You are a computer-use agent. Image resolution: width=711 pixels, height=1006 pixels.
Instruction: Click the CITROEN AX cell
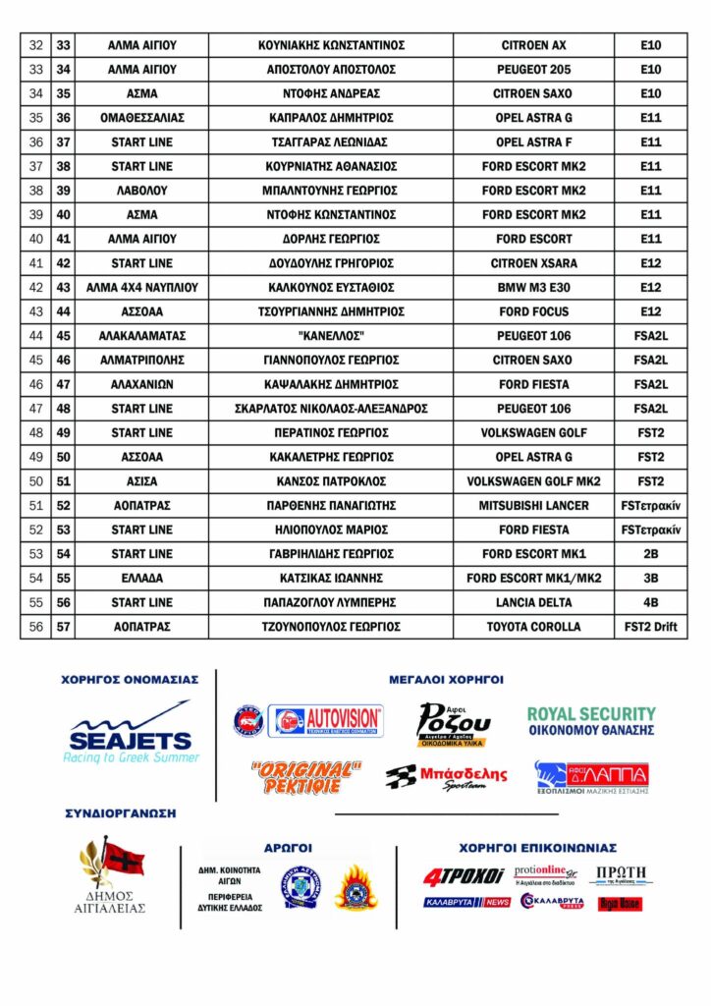(x=533, y=45)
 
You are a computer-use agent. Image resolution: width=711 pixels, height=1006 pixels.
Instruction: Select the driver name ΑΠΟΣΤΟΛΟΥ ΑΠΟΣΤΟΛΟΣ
(x=331, y=70)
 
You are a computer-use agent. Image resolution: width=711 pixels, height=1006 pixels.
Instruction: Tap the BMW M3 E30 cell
(x=533, y=288)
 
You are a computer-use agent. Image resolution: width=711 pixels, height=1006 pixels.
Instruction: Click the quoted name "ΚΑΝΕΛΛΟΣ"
(x=331, y=336)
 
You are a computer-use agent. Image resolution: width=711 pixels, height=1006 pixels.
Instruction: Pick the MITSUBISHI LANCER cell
(x=533, y=505)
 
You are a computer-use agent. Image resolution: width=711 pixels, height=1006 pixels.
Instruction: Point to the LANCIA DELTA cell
(x=533, y=602)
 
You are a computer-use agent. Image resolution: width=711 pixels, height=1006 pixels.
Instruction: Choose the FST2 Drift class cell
(x=650, y=627)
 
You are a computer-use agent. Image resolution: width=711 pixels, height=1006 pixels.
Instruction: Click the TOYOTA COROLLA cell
(x=533, y=627)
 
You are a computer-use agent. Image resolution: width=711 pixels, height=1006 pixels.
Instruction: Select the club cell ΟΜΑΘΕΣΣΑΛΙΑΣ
(x=141, y=118)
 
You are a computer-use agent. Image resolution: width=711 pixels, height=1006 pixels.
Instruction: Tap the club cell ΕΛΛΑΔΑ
(x=141, y=578)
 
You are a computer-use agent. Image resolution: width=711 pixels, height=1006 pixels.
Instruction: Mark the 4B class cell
(x=650, y=602)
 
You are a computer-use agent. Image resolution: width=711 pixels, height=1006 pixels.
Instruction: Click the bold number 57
(x=64, y=627)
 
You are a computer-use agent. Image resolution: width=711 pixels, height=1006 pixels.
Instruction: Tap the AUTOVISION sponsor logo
(x=328, y=721)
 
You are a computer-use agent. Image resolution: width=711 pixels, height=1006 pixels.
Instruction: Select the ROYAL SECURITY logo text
(x=590, y=714)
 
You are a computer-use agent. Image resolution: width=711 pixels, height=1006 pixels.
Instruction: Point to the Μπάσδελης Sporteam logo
(x=446, y=776)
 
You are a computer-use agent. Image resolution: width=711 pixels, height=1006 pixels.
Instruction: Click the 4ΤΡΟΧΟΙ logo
(x=464, y=875)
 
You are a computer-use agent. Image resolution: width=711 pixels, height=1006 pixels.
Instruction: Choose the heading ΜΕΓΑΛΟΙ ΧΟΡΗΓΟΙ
(x=446, y=679)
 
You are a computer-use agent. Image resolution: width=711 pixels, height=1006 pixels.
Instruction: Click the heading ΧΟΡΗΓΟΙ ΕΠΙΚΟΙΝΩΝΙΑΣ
(x=537, y=847)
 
